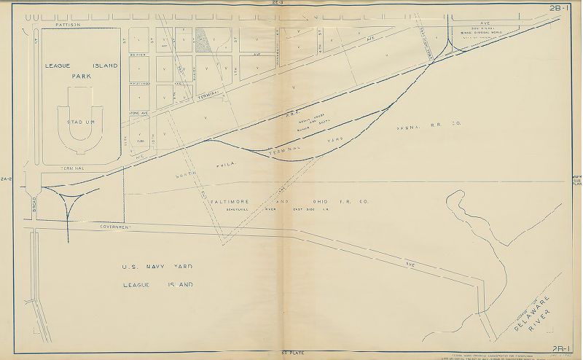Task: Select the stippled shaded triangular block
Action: coord(208,41)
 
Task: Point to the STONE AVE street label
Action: coord(138,114)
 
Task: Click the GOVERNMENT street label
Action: coord(111,227)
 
